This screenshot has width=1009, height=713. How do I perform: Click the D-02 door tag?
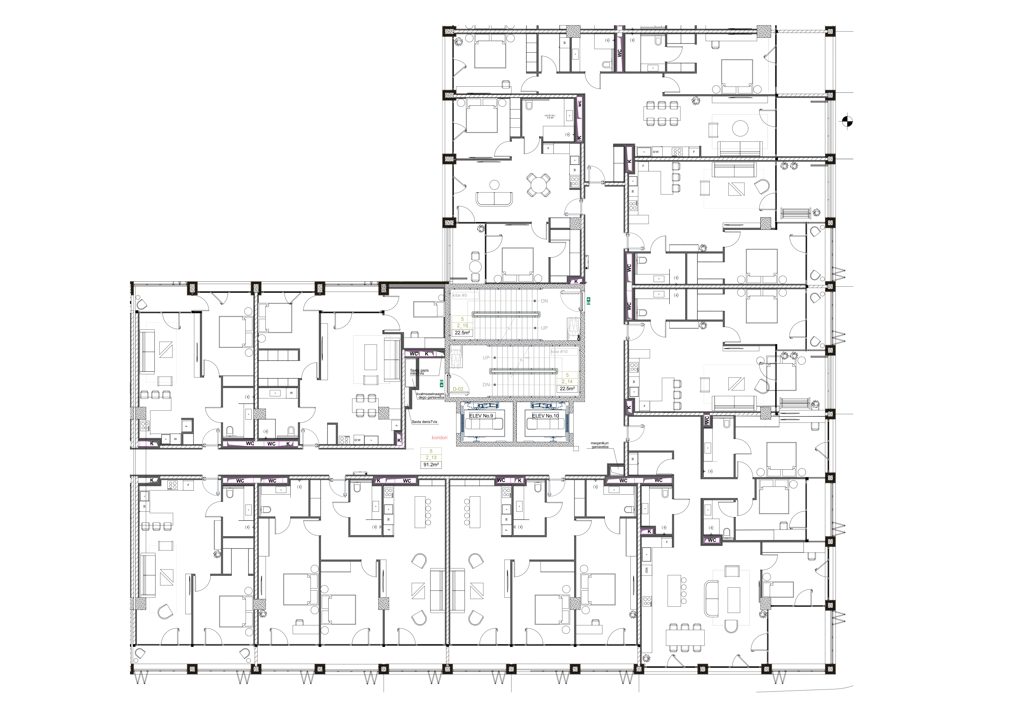click(458, 389)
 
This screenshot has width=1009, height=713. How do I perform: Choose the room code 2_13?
click(431, 458)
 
